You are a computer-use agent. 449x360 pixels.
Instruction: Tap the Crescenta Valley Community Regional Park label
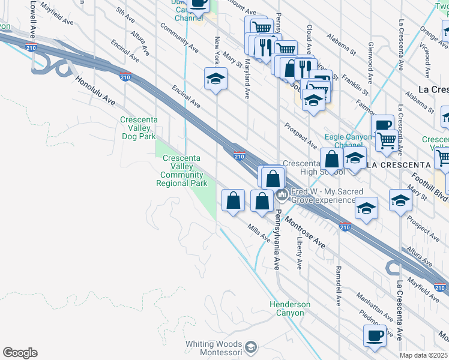182,171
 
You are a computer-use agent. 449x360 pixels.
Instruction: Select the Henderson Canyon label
290,308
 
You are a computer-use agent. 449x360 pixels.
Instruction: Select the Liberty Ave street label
299,253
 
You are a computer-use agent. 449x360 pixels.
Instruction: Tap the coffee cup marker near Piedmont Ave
375,335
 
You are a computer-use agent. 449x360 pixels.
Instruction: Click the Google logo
20,353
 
